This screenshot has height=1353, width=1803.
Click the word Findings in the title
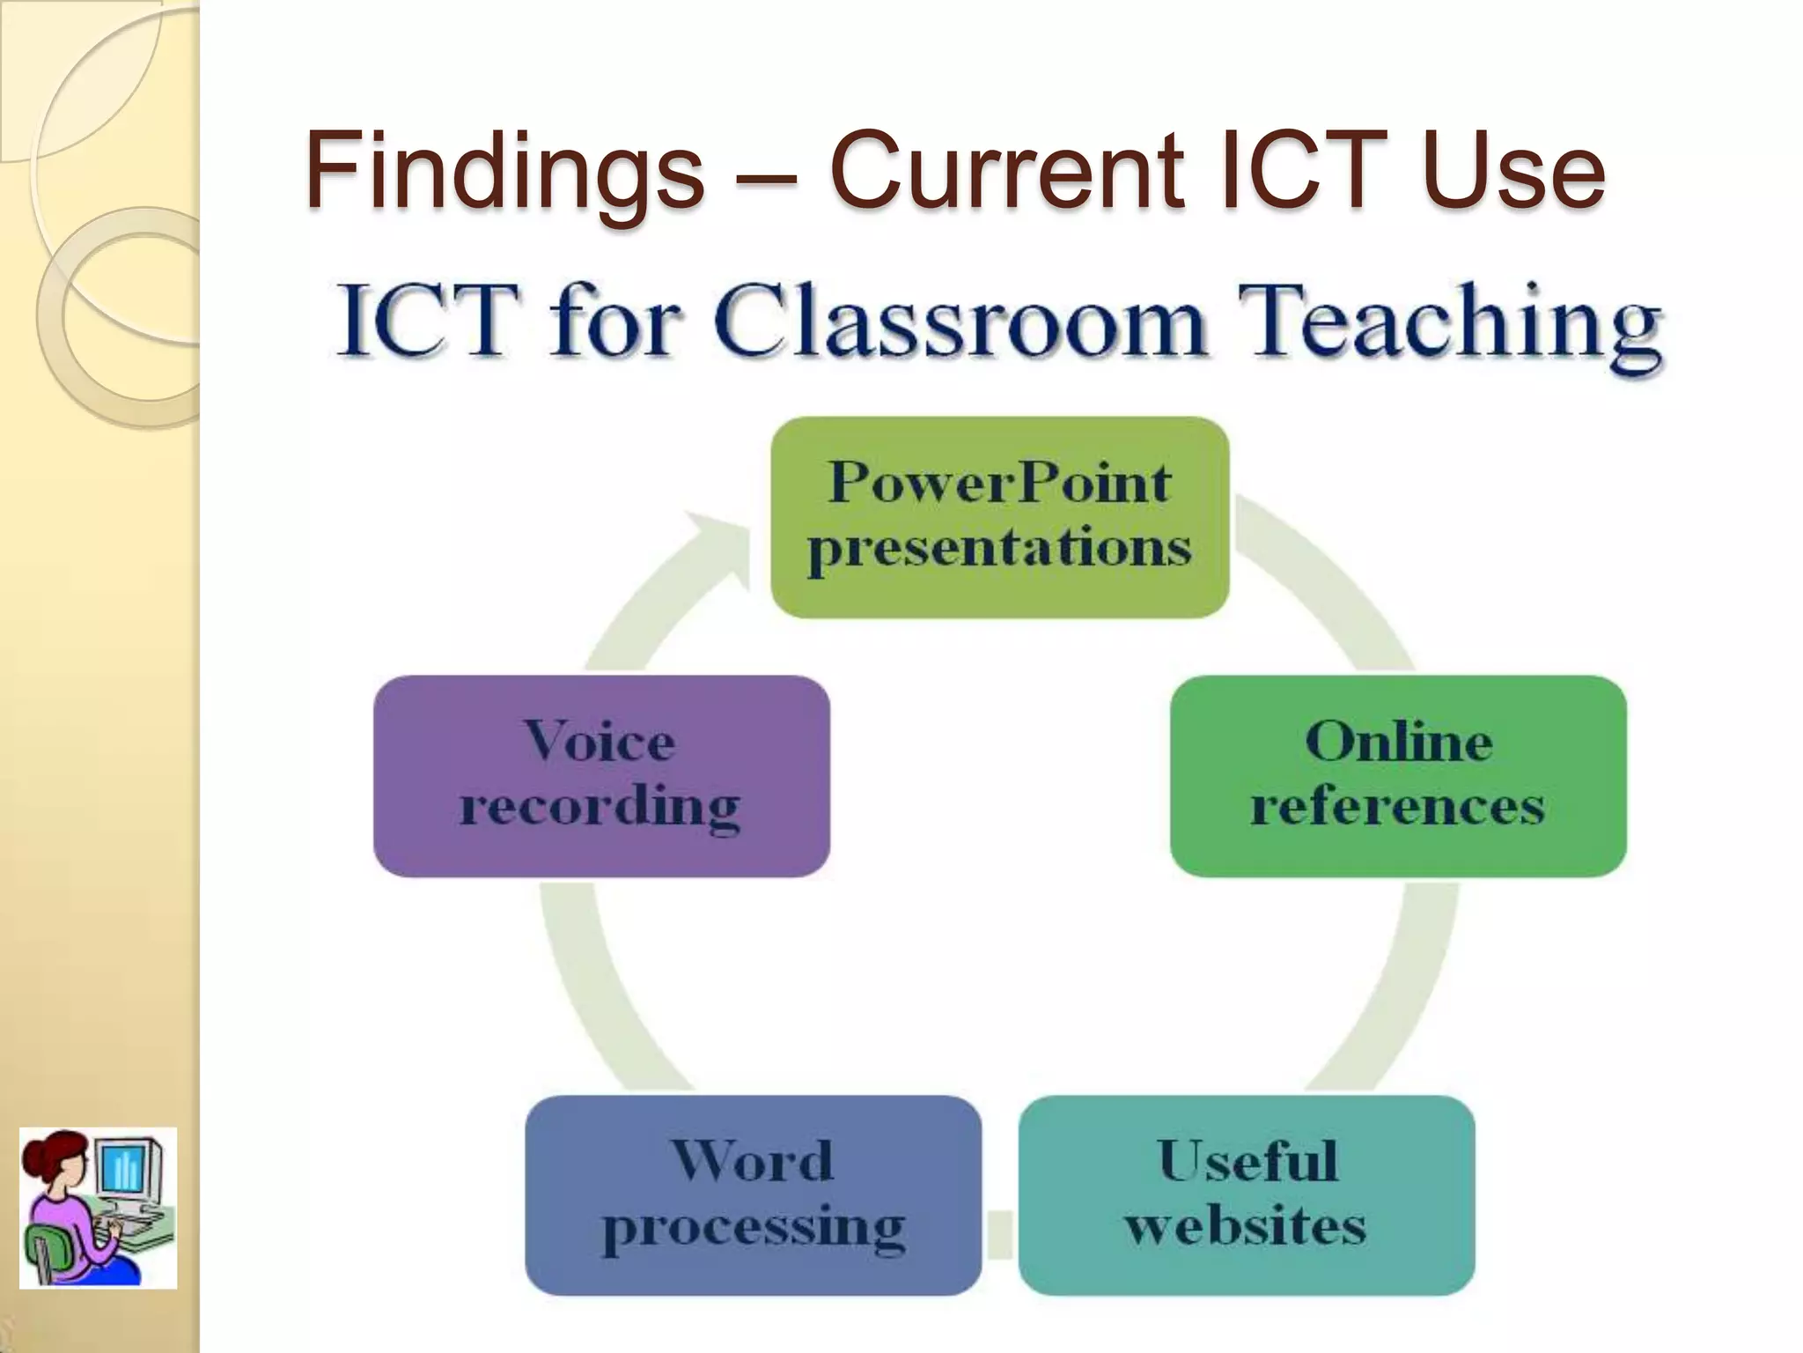[504, 170]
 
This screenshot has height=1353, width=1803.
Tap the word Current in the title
[1009, 170]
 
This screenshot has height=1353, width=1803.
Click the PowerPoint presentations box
[999, 517]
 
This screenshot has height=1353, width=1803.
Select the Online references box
[1398, 775]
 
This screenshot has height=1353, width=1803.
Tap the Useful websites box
[1246, 1194]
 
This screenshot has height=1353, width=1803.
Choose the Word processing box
[753, 1194]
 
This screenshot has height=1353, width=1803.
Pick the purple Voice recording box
[601, 775]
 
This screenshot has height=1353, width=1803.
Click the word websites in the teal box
[1246, 1226]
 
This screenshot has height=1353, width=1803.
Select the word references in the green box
[1398, 806]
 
